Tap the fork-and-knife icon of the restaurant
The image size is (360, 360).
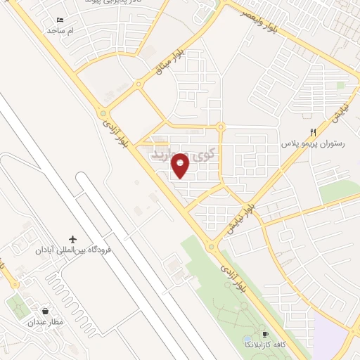pyautogui.click(x=314, y=131)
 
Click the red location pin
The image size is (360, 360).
pyautogui.click(x=181, y=165)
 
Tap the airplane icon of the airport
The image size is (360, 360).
pyautogui.click(x=72, y=239)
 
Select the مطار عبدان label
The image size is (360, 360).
pyautogui.click(x=46, y=323)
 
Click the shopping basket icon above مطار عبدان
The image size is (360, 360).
pyautogui.click(x=46, y=311)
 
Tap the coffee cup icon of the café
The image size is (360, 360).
pyautogui.click(x=265, y=334)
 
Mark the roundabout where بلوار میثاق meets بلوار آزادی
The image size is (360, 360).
pyautogui.click(x=103, y=112)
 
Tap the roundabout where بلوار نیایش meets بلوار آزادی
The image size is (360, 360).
pyautogui.click(x=211, y=247)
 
